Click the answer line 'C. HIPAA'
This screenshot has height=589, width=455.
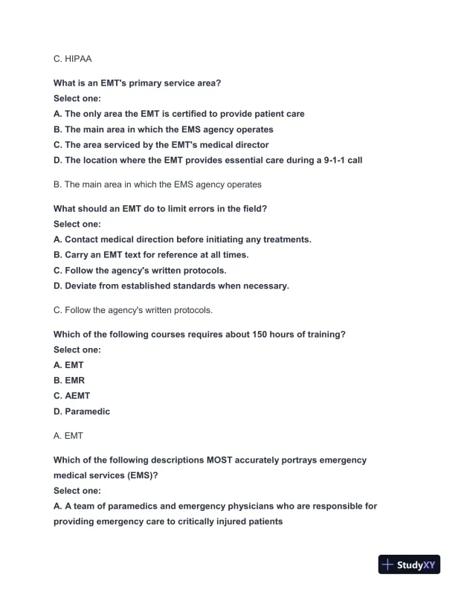(73, 57)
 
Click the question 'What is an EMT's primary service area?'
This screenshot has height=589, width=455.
(138, 83)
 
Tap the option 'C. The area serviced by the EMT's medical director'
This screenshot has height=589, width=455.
(161, 145)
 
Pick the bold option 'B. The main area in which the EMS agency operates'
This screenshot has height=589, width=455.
(169, 129)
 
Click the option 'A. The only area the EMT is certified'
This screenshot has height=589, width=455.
(179, 114)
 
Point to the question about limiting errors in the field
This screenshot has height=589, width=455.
(160, 208)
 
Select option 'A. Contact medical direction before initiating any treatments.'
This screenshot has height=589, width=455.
(183, 239)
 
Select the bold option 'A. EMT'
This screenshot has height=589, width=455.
(69, 365)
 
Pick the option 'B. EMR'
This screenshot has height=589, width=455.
(69, 381)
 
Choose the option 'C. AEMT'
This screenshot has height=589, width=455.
(72, 396)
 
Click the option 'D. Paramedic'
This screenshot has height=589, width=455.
(82, 412)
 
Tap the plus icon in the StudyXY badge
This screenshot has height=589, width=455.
(388, 564)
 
